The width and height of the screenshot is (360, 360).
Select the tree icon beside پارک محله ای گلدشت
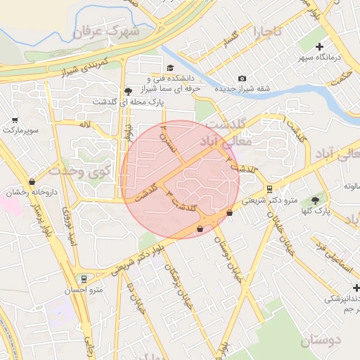[x=127, y=91]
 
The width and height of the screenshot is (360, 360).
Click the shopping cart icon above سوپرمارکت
[x=15, y=120]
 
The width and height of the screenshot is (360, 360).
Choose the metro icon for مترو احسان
[x=84, y=279]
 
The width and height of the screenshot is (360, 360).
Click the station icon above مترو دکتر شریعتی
[x=269, y=188]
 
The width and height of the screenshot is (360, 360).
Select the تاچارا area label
[x=267, y=32]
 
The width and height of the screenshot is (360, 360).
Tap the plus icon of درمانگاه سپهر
[x=319, y=46]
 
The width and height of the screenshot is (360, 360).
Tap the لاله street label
[x=85, y=124]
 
